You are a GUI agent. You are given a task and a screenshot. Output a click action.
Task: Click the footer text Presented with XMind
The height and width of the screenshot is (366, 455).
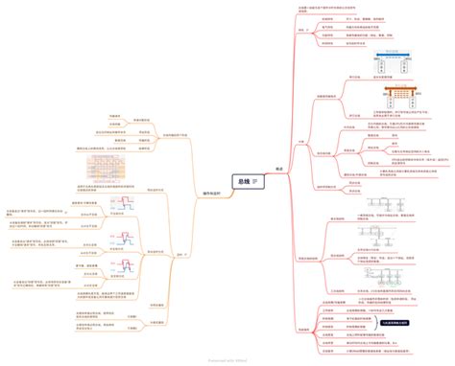227,360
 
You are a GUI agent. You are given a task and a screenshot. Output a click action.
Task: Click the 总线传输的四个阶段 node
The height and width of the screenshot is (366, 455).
180,135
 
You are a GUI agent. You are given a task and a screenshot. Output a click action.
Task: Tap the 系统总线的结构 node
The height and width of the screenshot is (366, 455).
312,230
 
